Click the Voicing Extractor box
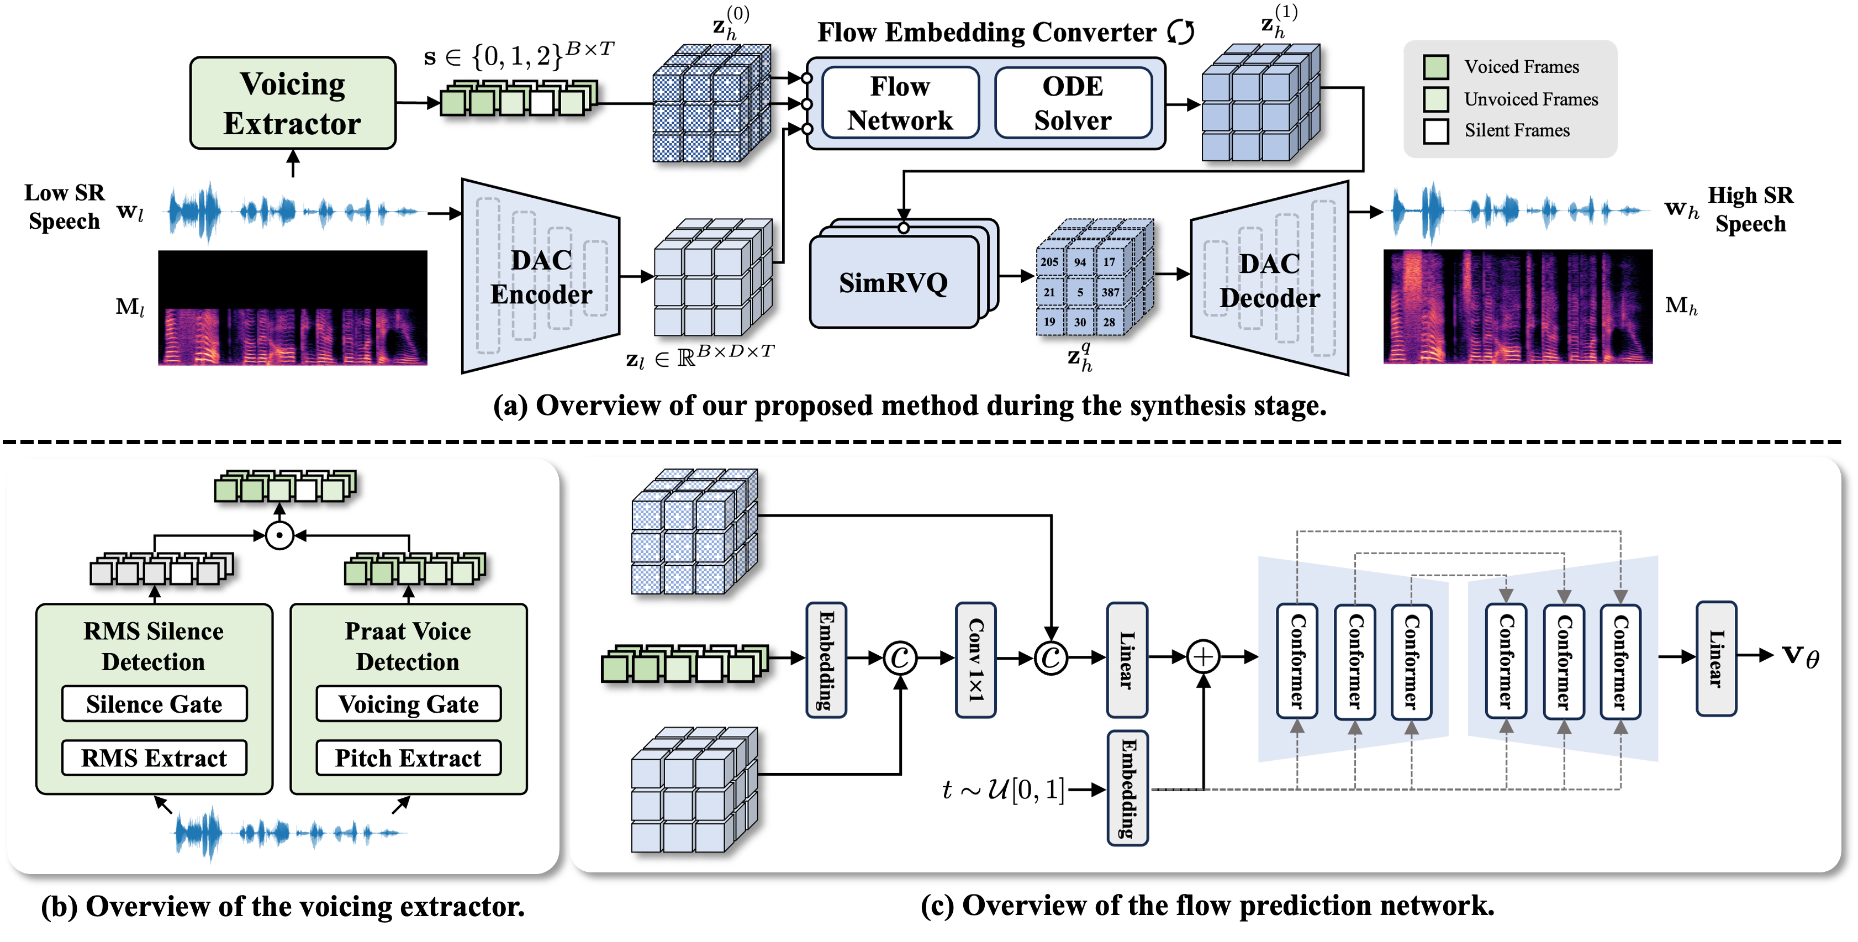[292, 103]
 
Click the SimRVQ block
[894, 282]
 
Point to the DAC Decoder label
[1269, 281]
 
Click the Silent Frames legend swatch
[1436, 131]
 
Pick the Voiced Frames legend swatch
[1436, 67]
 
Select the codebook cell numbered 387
[1110, 292]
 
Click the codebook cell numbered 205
[1049, 262]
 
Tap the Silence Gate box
[154, 704]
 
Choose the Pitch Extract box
[408, 758]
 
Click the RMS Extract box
[154, 758]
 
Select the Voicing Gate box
[408, 704]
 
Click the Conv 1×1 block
[975, 659]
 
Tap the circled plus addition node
[1203, 657]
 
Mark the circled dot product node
[279, 536]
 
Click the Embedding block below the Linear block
[1127, 788]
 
